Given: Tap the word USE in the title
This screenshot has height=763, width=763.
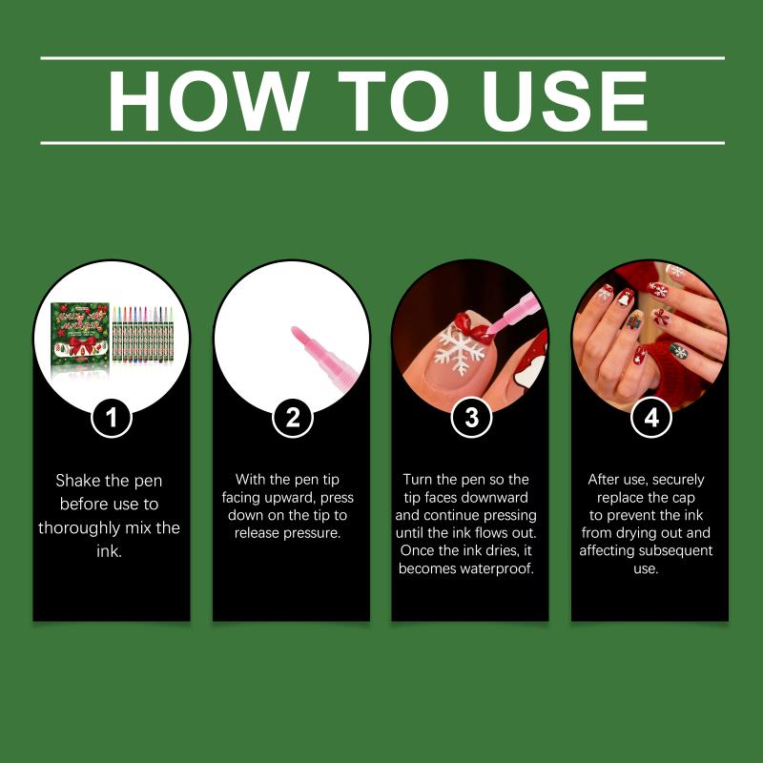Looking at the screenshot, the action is pyautogui.click(x=564, y=101).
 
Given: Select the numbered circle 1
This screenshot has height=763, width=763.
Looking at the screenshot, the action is pyautogui.click(x=112, y=418).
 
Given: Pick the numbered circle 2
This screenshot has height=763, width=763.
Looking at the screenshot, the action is pyautogui.click(x=292, y=418).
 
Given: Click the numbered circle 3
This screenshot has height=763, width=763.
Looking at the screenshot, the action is pyautogui.click(x=471, y=418).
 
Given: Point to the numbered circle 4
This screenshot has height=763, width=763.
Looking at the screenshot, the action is pyautogui.click(x=651, y=418).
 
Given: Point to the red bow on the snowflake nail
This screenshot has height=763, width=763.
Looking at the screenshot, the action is pyautogui.click(x=473, y=329).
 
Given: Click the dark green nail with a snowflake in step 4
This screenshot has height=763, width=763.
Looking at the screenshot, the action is pyautogui.click(x=678, y=351).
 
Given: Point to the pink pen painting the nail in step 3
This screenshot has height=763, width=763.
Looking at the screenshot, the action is pyautogui.click(x=513, y=313).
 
